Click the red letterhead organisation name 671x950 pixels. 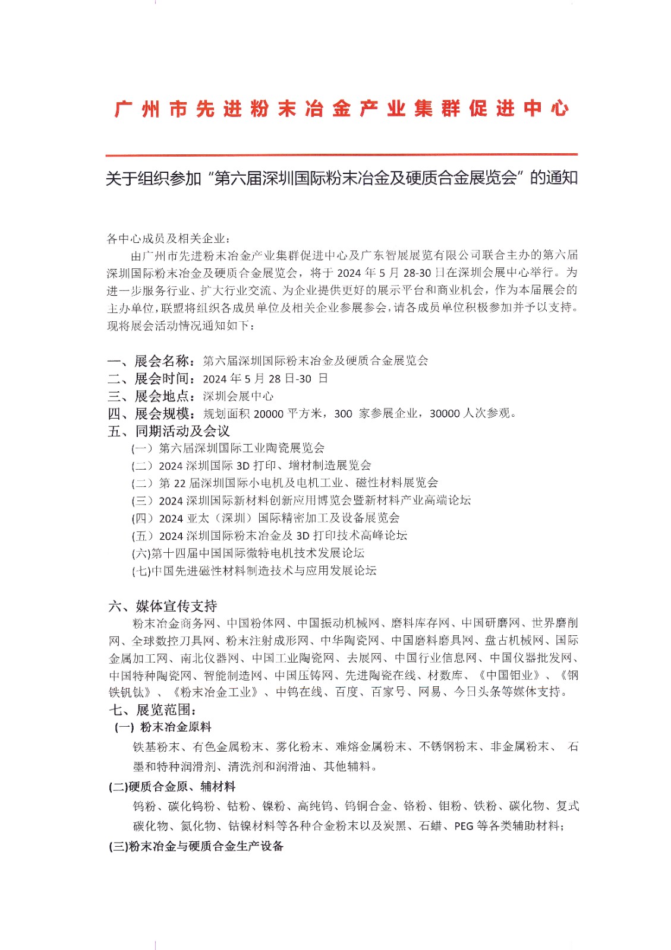(x=341, y=109)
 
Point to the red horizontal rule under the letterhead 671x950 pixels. (x=341, y=155)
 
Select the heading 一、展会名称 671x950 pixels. (x=151, y=361)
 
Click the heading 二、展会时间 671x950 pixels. (x=151, y=379)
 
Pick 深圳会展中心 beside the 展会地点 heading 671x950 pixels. (x=238, y=396)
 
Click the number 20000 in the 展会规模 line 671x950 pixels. (x=269, y=414)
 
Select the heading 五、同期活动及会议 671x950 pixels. (x=169, y=431)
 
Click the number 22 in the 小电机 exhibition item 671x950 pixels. (x=180, y=483)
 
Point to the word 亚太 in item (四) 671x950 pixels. (x=198, y=518)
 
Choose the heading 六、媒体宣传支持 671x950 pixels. (x=163, y=606)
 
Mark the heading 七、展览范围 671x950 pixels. (x=152, y=710)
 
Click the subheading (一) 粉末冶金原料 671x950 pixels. (x=163, y=727)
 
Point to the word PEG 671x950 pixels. (x=464, y=826)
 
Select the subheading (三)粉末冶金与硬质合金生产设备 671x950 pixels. (x=196, y=846)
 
